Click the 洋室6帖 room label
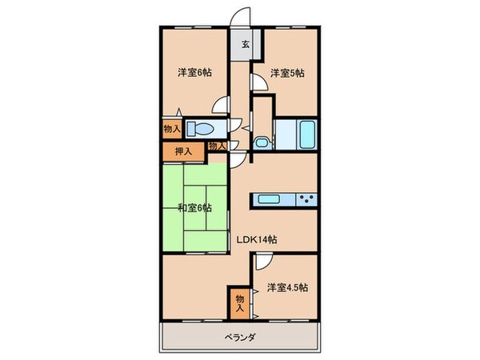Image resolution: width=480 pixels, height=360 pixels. point(194,73)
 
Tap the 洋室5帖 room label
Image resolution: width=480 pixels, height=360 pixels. point(286,73)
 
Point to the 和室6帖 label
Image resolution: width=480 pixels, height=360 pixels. point(194,208)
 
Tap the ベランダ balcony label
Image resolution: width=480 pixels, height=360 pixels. point(240,337)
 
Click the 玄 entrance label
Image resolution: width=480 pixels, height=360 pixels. point(246,45)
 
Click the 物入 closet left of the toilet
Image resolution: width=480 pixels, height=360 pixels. point(170,128)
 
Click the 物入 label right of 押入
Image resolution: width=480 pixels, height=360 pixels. point(216,145)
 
